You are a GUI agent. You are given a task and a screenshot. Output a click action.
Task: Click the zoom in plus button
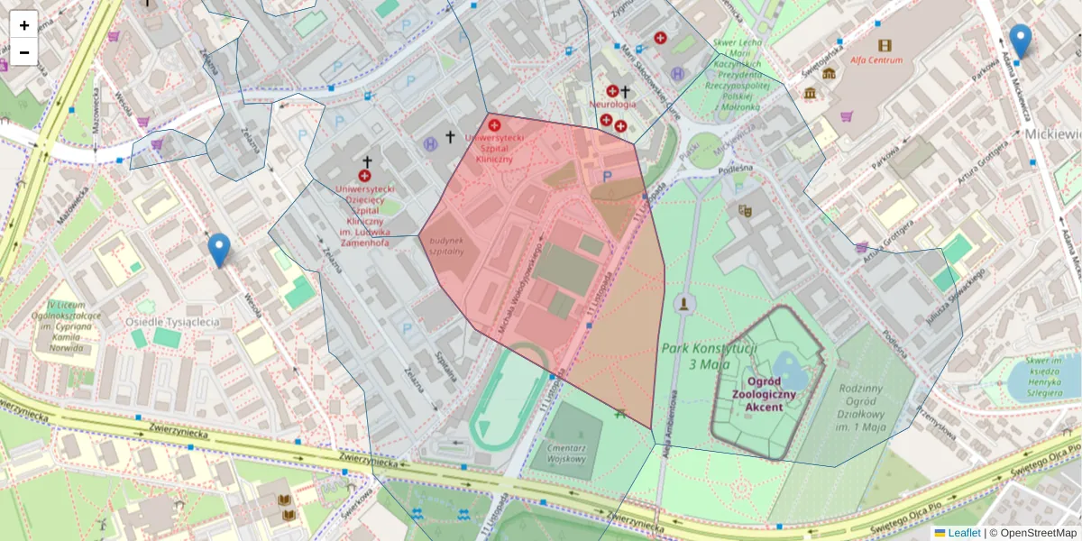[24, 24]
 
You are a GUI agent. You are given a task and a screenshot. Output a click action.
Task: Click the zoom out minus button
[24, 51]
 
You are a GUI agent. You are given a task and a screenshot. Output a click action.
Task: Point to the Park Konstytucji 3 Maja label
[709, 356]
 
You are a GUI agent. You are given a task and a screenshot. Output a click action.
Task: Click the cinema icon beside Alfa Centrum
[884, 44]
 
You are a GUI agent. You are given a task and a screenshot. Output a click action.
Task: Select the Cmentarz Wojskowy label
[566, 453]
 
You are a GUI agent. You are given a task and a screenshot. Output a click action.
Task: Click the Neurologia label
[612, 105]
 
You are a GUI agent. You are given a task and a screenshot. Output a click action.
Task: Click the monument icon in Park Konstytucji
[685, 302]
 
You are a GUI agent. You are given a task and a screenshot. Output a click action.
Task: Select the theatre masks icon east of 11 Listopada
[745, 210]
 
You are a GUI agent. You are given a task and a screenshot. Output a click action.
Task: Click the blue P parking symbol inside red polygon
[607, 177]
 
